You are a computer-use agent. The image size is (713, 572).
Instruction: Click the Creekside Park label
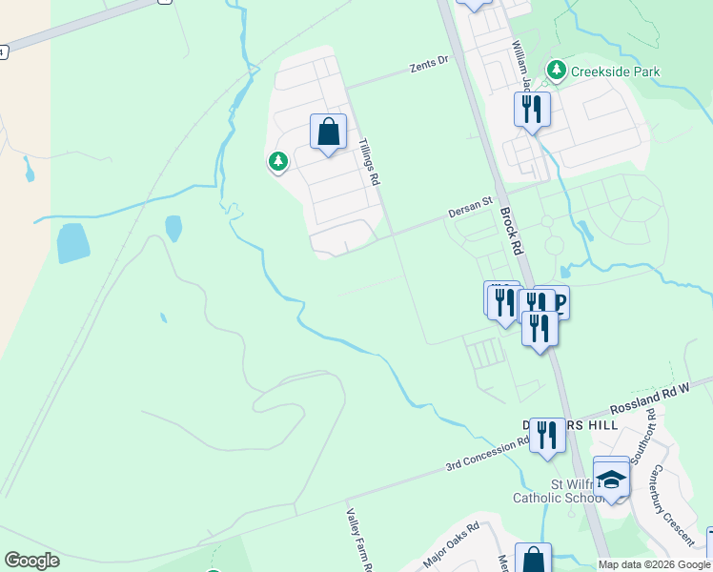[x=615, y=71]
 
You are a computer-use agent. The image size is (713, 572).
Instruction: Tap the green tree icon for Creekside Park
[x=556, y=71]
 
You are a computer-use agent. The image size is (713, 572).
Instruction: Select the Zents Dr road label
[x=429, y=64]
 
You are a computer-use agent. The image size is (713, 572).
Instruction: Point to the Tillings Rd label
[x=369, y=161]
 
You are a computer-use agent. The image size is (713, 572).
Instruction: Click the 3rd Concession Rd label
[x=488, y=455]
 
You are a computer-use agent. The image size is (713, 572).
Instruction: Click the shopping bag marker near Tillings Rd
[x=328, y=133]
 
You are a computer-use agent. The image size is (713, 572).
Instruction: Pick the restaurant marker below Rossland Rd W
[x=547, y=436]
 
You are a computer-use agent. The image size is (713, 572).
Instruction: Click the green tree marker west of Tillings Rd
[x=277, y=163]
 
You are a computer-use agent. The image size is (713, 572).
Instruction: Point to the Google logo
[x=31, y=561]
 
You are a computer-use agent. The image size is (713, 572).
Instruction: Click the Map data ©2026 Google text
[x=654, y=564]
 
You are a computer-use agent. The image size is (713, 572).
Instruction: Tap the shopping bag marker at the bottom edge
[x=533, y=561]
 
